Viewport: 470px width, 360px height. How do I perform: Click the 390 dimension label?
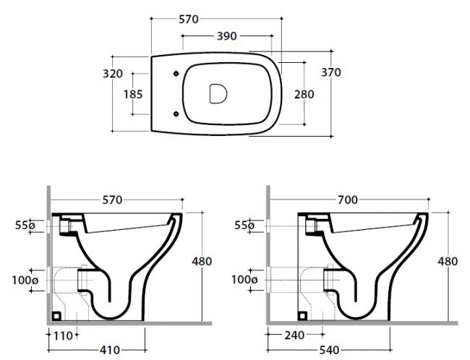226,36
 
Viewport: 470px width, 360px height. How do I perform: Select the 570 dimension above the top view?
189,20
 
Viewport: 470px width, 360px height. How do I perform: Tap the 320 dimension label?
113,74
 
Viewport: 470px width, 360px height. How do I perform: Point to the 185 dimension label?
133,94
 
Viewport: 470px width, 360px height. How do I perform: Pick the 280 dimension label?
304,94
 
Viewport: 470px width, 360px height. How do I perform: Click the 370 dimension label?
331,72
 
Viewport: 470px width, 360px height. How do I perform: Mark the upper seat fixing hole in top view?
176,74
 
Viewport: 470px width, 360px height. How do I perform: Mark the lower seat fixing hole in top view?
176,113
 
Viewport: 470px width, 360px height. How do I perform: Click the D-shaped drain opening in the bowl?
218,93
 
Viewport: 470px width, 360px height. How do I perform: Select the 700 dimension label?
348,200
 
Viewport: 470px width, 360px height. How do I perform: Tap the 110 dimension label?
63,335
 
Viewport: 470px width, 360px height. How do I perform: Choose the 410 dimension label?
110,350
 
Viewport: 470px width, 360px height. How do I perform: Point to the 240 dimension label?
294,335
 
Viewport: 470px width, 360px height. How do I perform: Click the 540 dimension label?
329,350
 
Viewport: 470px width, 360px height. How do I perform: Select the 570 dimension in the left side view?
112,200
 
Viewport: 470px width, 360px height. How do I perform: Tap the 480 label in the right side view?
448,261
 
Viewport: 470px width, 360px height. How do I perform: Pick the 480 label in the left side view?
202,261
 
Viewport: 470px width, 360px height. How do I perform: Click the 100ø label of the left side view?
25,280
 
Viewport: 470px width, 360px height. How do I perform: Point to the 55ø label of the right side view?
244,225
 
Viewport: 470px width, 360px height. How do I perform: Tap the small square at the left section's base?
56,316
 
